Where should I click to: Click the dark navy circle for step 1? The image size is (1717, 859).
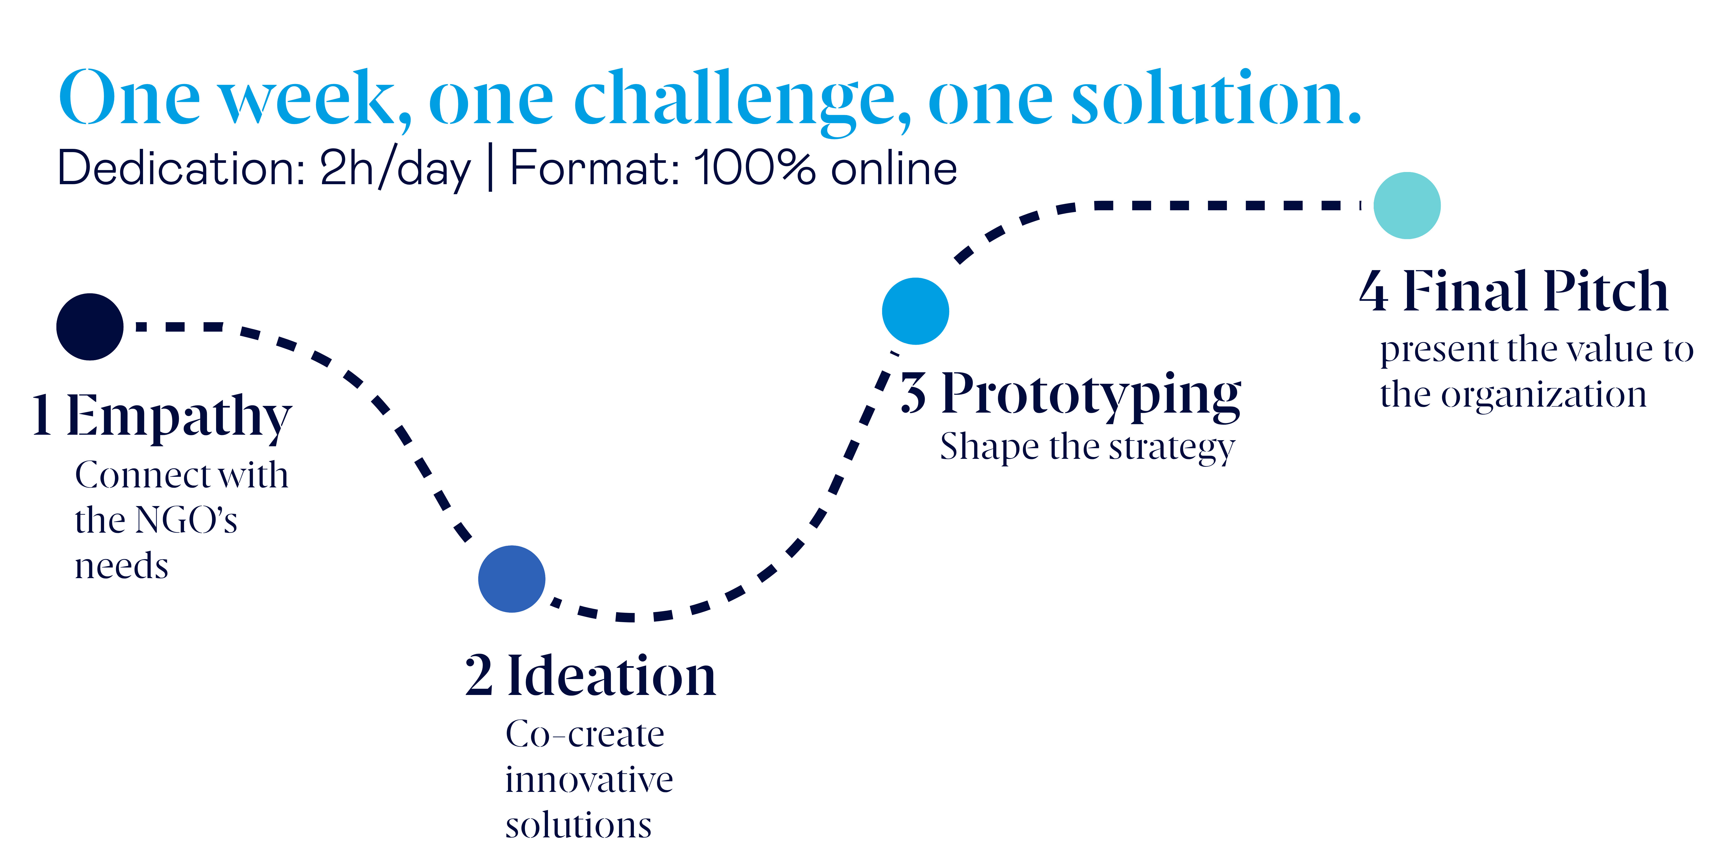(90, 327)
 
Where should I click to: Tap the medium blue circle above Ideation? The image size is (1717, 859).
(512, 579)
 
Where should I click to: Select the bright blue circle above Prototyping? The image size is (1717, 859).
(915, 311)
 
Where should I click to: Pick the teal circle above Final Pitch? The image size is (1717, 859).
(1407, 205)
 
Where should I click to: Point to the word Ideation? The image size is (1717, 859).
(612, 676)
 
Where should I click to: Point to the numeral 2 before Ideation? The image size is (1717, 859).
(479, 676)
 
